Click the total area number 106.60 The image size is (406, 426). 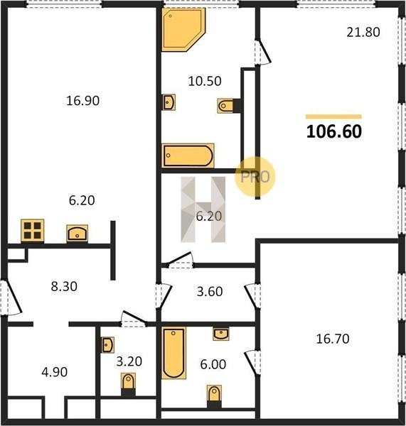334,131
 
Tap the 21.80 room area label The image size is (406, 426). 363,32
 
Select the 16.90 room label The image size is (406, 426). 83,101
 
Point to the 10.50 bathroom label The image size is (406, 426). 205,81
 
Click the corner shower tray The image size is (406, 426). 181,28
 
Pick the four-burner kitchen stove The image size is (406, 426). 33,230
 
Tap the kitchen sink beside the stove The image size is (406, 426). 78,234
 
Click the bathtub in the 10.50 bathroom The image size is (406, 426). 188,155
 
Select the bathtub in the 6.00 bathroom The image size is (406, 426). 174,353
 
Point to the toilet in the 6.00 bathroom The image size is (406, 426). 214,395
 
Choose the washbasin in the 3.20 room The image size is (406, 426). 107,345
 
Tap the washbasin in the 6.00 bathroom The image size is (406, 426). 221,334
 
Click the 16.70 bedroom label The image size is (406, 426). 333,339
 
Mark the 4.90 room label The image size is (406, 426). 55,372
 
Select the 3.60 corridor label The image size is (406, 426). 210,291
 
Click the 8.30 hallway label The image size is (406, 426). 64,286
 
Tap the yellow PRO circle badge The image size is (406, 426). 255,177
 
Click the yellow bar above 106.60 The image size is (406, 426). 333,117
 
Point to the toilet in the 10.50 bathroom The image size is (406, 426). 225,106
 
